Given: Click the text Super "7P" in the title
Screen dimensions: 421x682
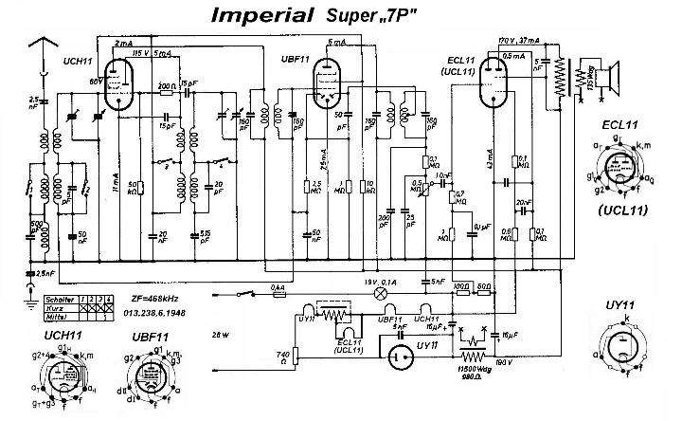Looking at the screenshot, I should pyautogui.click(x=382, y=16).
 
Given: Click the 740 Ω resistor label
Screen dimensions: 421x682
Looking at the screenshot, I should pyautogui.click(x=281, y=357).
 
